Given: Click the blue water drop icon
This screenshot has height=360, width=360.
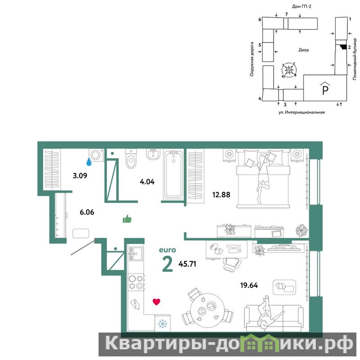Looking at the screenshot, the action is coord(89,162).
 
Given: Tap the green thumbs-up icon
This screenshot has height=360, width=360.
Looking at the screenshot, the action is coord(127,219).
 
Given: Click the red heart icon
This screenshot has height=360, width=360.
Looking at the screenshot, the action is coord(156,301).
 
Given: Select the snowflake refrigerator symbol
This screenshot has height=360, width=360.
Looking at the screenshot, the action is coord(162,324).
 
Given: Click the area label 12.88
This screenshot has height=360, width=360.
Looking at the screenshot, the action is coord(221,195).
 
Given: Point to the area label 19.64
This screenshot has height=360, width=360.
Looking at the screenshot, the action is coord(249,285).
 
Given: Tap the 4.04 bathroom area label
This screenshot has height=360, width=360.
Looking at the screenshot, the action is coord(147,182).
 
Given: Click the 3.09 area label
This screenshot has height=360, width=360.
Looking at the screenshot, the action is coord(80,176).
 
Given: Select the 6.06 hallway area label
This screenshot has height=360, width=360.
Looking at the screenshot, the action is coord(87,212).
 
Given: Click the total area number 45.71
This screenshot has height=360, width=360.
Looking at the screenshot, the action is coord(187,264).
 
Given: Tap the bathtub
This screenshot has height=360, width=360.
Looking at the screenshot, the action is coord(174,174).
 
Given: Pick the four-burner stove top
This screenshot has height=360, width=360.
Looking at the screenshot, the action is coord(136,282).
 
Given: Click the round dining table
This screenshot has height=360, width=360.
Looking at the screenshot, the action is coord(207,310).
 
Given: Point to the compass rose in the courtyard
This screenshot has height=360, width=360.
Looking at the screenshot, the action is coord(289,70).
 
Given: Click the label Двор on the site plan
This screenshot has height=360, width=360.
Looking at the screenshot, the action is coord(303,50).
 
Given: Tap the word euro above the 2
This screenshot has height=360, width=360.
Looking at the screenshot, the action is coord(167,250).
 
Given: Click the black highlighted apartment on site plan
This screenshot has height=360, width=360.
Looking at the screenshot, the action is coord(343,47).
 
